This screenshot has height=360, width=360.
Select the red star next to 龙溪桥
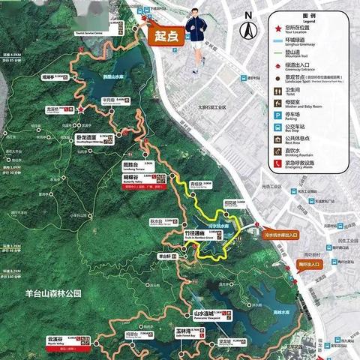click(x=81, y=110)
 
